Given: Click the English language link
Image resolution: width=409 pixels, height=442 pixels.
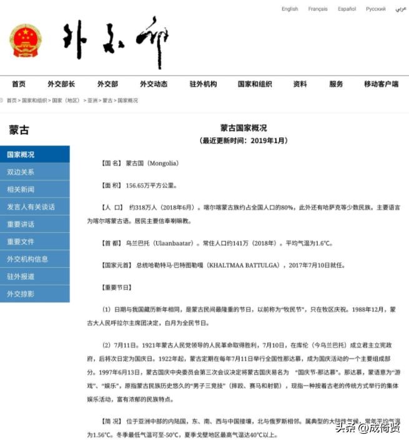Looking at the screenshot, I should pyautogui.click(x=290, y=9).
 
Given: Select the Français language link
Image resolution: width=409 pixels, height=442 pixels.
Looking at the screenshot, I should pyautogui.click(x=318, y=9).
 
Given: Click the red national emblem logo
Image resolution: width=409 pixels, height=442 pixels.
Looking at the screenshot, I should pyautogui.click(x=25, y=41).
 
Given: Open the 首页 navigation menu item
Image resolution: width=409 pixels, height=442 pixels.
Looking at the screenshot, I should pyautogui.click(x=19, y=84).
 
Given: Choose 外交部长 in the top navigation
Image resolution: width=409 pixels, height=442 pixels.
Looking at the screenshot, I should pyautogui.click(x=61, y=84).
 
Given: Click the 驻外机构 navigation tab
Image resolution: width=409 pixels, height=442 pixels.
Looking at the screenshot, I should pyautogui.click(x=203, y=84).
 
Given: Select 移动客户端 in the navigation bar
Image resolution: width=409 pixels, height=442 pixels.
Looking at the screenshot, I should pyautogui.click(x=381, y=84).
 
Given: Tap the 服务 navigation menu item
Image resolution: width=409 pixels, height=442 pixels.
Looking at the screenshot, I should pyautogui.click(x=336, y=84).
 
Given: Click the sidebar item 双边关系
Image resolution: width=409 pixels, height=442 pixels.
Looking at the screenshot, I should pyautogui.click(x=21, y=172).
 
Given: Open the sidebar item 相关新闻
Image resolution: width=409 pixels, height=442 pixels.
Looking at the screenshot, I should pyautogui.click(x=21, y=189).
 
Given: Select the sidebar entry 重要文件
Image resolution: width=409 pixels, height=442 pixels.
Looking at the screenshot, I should pyautogui.click(x=21, y=242).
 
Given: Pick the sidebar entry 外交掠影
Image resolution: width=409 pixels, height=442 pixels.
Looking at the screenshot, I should pyautogui.click(x=21, y=293).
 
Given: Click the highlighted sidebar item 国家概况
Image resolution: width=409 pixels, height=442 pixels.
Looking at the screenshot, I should pyautogui.click(x=21, y=155).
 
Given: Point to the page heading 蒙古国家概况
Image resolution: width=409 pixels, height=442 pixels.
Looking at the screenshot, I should pyautogui.click(x=244, y=127).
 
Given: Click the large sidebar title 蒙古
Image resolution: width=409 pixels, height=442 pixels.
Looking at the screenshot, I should pyautogui.click(x=19, y=130).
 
